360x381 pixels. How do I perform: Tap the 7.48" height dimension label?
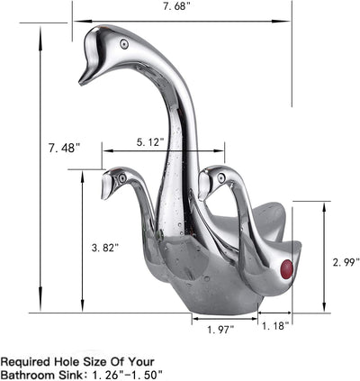pyautogui.click(x=65, y=148)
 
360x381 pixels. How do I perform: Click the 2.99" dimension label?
pyautogui.click(x=346, y=262)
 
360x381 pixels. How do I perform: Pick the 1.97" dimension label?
pyautogui.click(x=220, y=330)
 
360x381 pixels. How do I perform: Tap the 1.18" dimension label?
pyautogui.click(x=275, y=325)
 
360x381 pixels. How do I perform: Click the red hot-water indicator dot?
pyautogui.click(x=286, y=268)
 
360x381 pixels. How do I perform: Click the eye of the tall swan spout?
pyautogui.click(x=124, y=44)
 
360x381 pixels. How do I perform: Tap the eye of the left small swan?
pyautogui.click(x=121, y=178)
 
